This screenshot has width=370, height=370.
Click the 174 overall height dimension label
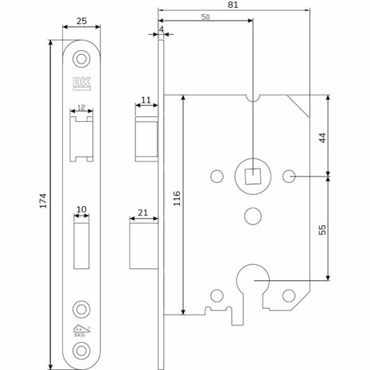[x=43, y=201]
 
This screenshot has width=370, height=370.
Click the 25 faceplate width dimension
[x=81, y=21]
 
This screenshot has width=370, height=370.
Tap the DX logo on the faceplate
[x=82, y=84]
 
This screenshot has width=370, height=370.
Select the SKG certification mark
[x=81, y=331]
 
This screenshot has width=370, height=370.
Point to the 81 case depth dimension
[x=233, y=5]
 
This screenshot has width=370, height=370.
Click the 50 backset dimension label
[x=205, y=18]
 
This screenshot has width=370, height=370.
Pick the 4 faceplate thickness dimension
[x=162, y=29]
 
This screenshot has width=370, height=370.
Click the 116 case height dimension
[x=177, y=198]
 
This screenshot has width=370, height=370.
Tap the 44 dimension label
[x=322, y=138]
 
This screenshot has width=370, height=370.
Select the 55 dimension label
[x=322, y=230]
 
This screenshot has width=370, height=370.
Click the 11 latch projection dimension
[x=146, y=100]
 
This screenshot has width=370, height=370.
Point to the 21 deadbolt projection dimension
[x=142, y=212]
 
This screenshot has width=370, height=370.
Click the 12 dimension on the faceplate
[x=81, y=107]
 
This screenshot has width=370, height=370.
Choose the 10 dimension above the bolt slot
[x=81, y=209]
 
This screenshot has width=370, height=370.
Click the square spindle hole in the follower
[x=252, y=176]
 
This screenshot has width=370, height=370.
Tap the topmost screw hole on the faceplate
[x=81, y=59]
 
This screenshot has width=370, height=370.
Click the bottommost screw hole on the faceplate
[x=81, y=351]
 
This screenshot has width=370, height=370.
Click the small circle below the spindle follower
[x=253, y=216]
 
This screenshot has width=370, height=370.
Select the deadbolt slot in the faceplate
[x=81, y=246]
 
